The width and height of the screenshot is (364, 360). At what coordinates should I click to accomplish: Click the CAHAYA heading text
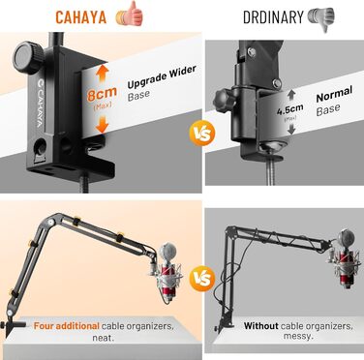(x=81, y=16)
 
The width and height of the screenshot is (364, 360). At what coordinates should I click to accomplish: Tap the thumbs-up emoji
(x=130, y=15)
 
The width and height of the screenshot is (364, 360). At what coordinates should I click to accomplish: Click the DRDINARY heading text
(x=273, y=16)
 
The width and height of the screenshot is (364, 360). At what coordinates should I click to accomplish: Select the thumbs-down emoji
(x=321, y=18)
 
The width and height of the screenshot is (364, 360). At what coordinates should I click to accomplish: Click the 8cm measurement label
(x=102, y=94)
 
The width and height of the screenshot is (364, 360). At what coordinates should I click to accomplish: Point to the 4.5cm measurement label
(x=290, y=110)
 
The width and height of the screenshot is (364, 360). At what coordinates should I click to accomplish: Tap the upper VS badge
(x=202, y=133)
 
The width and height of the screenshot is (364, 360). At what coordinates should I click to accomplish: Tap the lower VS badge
(x=202, y=278)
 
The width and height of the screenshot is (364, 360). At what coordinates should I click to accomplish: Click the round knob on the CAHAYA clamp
(x=28, y=57)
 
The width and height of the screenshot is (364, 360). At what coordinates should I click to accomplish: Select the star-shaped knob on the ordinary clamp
(x=223, y=100)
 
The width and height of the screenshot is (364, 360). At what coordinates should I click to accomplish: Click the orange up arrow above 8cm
(x=102, y=74)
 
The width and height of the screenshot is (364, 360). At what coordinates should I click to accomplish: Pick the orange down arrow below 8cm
(x=102, y=124)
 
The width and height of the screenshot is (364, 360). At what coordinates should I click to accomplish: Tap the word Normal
(x=334, y=94)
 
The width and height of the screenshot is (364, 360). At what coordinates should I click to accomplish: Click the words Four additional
(x=66, y=326)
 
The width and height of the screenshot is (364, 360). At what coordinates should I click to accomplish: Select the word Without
(x=260, y=326)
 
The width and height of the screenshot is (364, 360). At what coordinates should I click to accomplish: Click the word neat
(x=104, y=338)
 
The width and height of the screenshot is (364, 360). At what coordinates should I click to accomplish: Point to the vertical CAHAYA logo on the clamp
(x=41, y=103)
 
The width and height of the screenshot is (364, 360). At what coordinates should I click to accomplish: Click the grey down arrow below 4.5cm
(x=291, y=129)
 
